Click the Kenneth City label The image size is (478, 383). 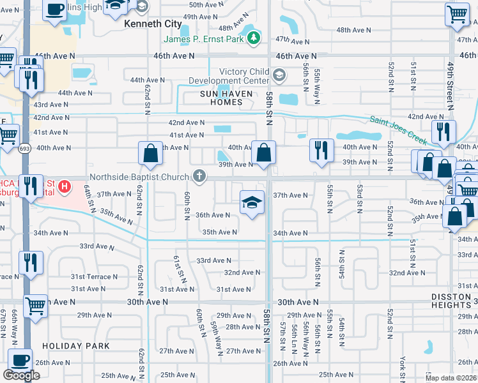click(x=150, y=23)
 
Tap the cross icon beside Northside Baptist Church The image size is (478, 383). click(x=200, y=176)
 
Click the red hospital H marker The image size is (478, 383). click(x=64, y=188)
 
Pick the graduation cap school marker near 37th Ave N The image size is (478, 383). click(x=252, y=203)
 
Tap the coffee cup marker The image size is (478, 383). click(x=20, y=359)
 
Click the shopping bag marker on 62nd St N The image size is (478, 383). click(x=150, y=153)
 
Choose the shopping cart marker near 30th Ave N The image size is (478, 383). click(x=35, y=306)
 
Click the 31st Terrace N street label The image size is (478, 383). click(x=14, y=276)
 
